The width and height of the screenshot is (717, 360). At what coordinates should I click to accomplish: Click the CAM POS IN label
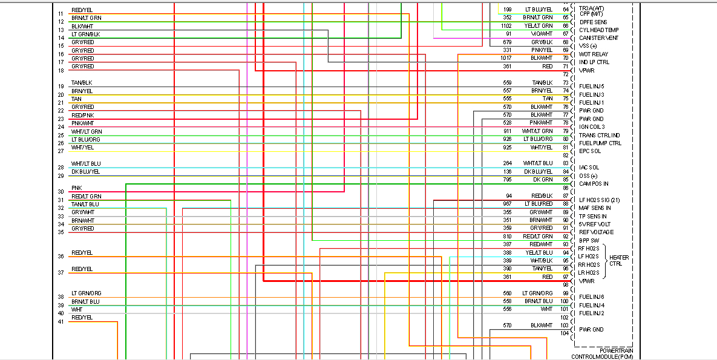point(594,183)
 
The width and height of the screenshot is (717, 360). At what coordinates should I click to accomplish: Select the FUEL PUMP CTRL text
point(600,143)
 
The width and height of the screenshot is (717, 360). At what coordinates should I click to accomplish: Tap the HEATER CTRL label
point(618,261)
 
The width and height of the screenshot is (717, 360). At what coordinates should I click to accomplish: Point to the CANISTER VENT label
point(598,38)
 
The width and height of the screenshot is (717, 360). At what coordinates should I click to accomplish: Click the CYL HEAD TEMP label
point(598,30)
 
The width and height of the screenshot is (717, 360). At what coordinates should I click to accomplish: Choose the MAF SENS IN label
point(595,208)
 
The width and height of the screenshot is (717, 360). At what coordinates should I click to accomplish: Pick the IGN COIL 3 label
point(592,126)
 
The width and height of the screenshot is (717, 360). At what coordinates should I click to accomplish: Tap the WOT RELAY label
point(594,54)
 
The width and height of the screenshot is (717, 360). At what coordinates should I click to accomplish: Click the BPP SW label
point(588,240)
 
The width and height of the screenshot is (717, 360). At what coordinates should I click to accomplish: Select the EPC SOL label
point(590,151)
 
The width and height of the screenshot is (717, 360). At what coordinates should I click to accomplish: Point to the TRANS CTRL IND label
point(599,135)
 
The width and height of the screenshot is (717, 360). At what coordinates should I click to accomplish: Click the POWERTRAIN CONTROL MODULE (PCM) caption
point(602,353)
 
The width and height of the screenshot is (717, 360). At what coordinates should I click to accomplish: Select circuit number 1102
point(506,26)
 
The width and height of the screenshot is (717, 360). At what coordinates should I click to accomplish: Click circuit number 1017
point(506,58)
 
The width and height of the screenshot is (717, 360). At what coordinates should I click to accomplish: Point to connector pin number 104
point(565,333)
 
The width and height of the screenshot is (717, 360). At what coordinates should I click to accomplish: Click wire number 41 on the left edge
point(61,321)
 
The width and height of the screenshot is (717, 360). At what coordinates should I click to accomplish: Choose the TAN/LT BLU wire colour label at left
point(85,205)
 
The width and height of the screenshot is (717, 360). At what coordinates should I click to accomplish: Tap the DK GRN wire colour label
point(543,180)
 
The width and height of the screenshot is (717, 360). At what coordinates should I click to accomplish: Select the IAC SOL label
point(589,167)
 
